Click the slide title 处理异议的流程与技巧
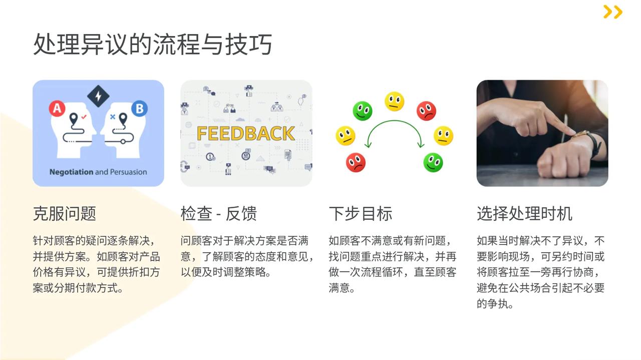153,44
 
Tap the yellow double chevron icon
612,12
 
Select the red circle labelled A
57,109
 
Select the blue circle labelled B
139,109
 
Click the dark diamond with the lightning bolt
98,96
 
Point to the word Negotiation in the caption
71,172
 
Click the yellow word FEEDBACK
246,134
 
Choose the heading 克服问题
65,213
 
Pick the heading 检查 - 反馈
219,213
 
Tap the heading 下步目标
360,213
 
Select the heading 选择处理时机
524,213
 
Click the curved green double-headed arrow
394,121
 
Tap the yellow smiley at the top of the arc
394,101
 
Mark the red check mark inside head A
84,117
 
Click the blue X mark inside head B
113,117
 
